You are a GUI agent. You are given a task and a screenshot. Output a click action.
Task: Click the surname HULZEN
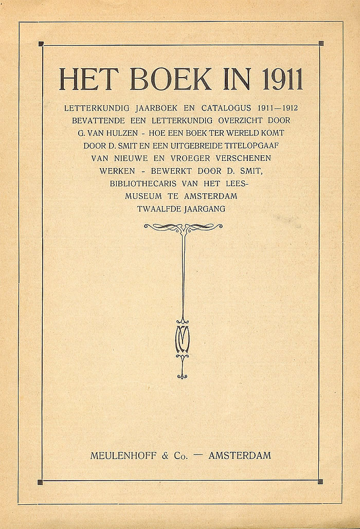point(137,133)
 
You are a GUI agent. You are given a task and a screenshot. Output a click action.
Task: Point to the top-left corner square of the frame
point(41,44)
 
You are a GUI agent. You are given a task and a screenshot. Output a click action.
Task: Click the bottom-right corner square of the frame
point(320,481)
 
